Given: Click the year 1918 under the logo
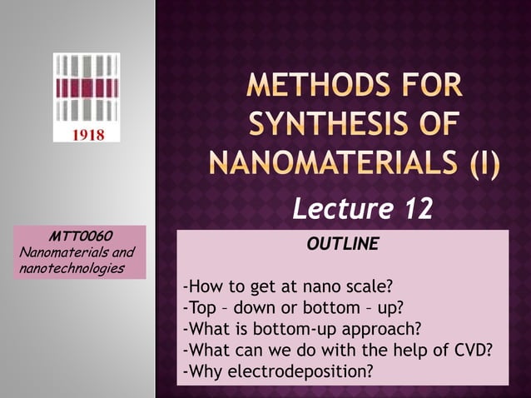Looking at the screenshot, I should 87,133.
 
